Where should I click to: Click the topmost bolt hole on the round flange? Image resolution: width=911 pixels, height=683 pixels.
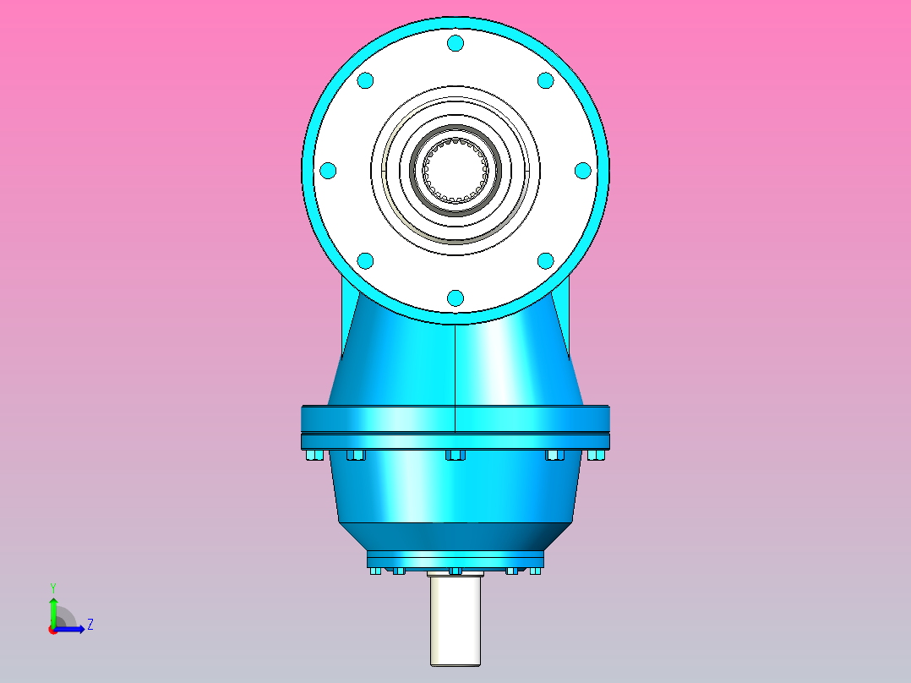455,43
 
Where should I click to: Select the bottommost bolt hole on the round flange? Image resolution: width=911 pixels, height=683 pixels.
455,298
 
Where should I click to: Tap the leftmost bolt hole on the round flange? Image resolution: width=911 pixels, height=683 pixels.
329,171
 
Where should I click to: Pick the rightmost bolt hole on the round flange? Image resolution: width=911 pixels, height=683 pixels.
582,171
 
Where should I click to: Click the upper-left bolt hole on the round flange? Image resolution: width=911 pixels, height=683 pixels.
366,80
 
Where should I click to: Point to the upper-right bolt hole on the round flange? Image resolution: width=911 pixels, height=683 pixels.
545,80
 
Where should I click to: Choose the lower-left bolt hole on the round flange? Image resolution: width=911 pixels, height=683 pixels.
366,260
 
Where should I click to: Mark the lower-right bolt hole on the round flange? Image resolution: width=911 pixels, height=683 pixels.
545,260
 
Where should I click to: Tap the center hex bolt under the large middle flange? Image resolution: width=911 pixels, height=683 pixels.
455,456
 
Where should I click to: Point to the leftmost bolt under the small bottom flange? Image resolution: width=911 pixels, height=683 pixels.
375,571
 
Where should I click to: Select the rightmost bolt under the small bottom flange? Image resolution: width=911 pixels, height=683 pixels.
535,571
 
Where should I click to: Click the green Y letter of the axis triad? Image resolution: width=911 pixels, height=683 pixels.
52,587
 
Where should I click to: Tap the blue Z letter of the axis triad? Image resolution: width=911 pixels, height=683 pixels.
90,625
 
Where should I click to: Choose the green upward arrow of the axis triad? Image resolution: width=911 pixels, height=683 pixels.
52,610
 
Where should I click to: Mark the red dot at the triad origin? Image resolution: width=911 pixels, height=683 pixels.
52,630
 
